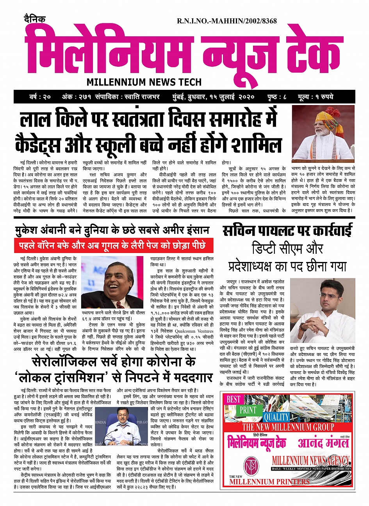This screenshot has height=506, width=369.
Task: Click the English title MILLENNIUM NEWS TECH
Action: [x=144, y=82]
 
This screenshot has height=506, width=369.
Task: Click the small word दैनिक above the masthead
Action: [x=35, y=18]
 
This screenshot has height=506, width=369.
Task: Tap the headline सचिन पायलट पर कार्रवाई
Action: [x=287, y=231]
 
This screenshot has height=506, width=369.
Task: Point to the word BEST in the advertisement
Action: [x=234, y=399]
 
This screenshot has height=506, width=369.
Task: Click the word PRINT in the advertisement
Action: [x=248, y=410]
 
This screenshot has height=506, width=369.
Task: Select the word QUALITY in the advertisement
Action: [x=276, y=417]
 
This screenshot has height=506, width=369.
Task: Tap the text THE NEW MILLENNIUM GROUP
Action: [x=288, y=427]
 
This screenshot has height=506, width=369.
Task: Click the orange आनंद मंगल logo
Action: [x=323, y=442]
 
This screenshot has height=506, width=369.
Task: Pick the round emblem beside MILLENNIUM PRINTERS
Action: [x=250, y=465]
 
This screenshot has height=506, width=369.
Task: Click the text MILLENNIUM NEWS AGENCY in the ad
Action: [x=311, y=461]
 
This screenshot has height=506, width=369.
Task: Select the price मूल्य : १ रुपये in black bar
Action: [x=315, y=97]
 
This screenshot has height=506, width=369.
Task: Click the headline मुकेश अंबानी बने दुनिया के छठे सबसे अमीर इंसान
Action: [x=112, y=230]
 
